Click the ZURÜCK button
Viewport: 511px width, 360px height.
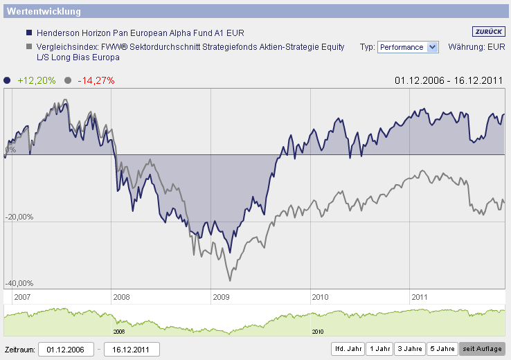[489, 31]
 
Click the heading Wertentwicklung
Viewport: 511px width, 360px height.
[44, 12]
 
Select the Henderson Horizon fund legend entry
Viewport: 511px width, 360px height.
[140, 33]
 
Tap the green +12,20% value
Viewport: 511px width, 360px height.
[37, 80]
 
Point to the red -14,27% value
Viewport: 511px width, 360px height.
[96, 80]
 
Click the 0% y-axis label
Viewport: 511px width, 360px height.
[10, 150]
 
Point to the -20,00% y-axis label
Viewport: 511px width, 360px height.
[19, 217]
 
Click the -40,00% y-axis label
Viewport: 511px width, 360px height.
[19, 283]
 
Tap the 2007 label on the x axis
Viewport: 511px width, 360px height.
[22, 297]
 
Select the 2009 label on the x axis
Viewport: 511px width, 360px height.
[220, 297]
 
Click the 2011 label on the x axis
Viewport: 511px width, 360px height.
[420, 297]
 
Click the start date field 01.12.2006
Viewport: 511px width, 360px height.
[65, 349]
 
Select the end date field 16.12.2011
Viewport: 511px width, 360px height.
[132, 349]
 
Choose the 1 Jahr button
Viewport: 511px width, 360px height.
[379, 348]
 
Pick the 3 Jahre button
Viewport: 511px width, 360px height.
[409, 348]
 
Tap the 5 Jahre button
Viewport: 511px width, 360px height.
[441, 348]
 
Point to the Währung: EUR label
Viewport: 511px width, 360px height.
[477, 47]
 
